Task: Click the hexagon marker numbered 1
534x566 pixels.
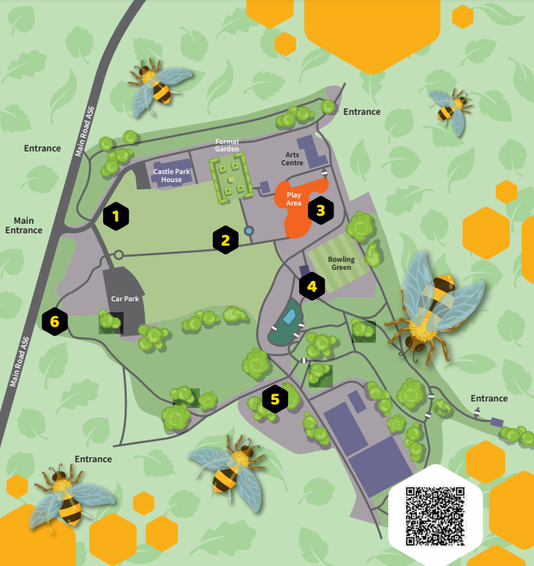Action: tap(116, 216)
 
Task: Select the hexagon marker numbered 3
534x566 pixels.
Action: tap(320, 211)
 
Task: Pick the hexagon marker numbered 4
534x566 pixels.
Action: tap(312, 287)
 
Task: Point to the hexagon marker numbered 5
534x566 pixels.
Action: tap(275, 399)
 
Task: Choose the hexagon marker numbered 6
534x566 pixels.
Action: tap(55, 320)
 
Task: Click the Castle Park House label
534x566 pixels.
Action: tap(172, 176)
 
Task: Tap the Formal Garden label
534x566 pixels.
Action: tap(227, 145)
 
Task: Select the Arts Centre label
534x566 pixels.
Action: tap(293, 159)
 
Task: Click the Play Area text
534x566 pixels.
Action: tap(294, 199)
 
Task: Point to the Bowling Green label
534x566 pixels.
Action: tap(341, 263)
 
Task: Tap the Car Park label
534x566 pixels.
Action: tap(125, 299)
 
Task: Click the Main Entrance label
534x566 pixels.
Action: tap(24, 225)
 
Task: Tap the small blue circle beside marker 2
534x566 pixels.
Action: tap(249, 231)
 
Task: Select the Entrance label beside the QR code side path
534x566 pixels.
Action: tap(489, 399)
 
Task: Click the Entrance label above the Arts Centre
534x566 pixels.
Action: tap(362, 112)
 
